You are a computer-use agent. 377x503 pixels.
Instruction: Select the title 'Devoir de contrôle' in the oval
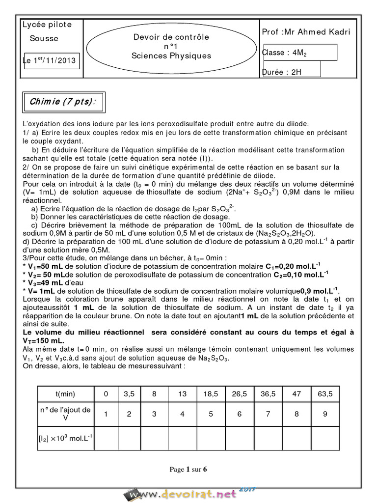[x=171, y=37]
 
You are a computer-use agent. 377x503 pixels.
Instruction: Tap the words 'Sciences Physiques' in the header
[x=171, y=56]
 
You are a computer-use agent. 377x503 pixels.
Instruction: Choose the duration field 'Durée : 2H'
[x=283, y=72]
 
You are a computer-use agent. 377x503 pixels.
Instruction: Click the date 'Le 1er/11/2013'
[x=53, y=61]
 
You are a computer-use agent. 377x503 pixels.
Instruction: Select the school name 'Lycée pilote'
[x=47, y=25]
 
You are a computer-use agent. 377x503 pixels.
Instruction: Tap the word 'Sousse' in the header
[x=44, y=38]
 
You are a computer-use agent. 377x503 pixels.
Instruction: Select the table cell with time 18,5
[x=211, y=393]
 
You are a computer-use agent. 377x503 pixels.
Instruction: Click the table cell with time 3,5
[x=129, y=393]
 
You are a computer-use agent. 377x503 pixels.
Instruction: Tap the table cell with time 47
[x=296, y=393]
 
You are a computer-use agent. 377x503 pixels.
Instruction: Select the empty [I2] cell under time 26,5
[x=239, y=438]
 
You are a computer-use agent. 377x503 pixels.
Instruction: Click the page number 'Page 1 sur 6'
[x=188, y=469]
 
